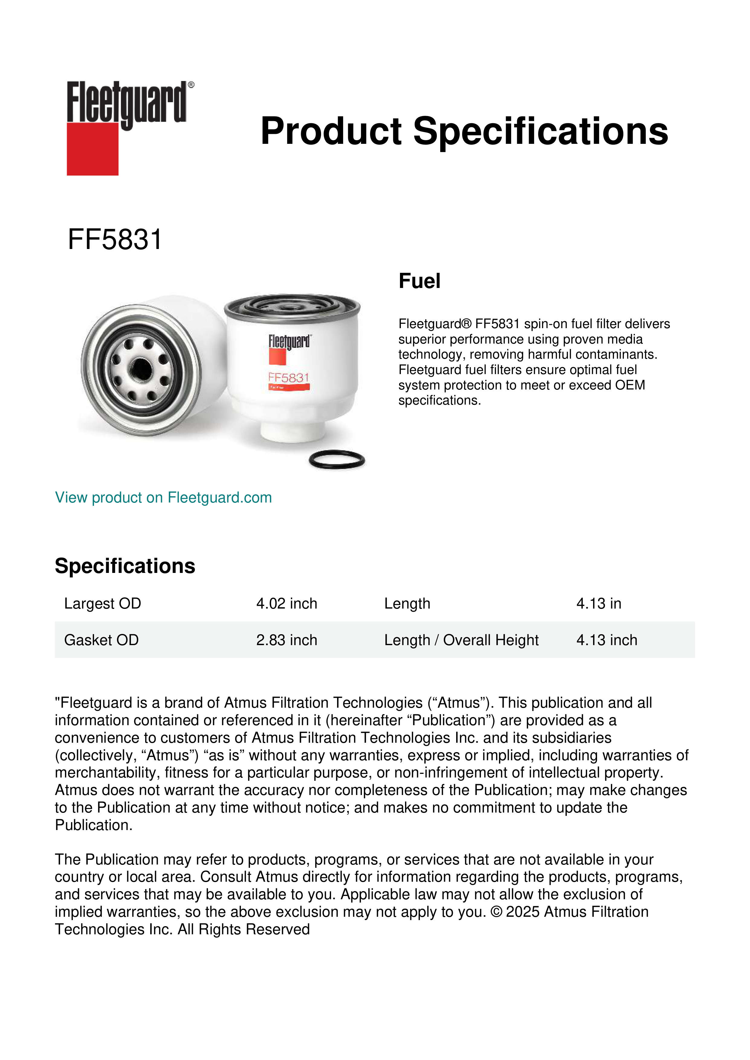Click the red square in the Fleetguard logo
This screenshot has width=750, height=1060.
(93, 149)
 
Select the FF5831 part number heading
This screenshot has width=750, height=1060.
(115, 240)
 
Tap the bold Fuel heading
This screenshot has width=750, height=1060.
(419, 281)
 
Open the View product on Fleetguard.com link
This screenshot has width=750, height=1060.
(164, 498)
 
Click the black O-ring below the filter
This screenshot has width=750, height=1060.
(337, 460)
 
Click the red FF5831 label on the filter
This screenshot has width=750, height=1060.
(289, 378)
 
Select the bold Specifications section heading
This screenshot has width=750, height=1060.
(125, 566)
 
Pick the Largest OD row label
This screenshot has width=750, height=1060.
(102, 603)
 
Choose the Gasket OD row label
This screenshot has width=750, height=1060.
(101, 640)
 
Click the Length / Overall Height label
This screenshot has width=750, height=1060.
(461, 640)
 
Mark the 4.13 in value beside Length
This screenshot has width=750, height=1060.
(599, 603)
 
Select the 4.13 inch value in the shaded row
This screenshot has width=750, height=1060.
(606, 640)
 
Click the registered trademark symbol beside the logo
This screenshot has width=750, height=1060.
(191, 85)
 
